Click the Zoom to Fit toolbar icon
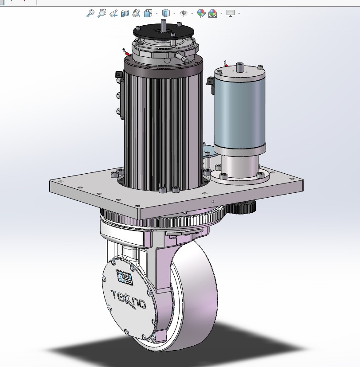tap(90, 13)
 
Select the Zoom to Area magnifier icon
tap(102, 13)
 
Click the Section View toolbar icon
tap(125, 13)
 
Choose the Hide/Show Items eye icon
tap(184, 13)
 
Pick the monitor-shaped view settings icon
tap(230, 13)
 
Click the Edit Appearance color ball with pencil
tap(201, 13)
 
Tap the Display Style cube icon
tap(166, 13)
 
